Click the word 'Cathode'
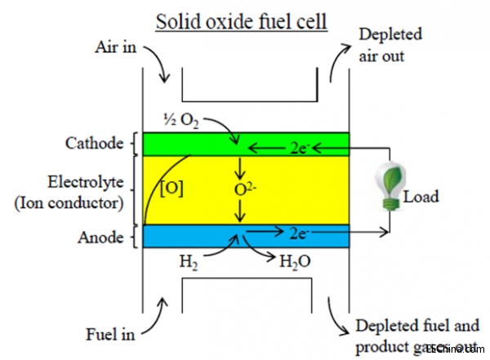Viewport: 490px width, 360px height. click(93, 144)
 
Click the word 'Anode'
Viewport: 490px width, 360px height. click(102, 237)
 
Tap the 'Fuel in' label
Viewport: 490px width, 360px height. click(110, 334)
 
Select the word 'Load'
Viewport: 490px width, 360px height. click(421, 196)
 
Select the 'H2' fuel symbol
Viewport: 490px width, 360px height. click(189, 262)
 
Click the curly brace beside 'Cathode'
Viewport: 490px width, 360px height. click(132, 144)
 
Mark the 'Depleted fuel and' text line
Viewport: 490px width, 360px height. click(416, 327)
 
